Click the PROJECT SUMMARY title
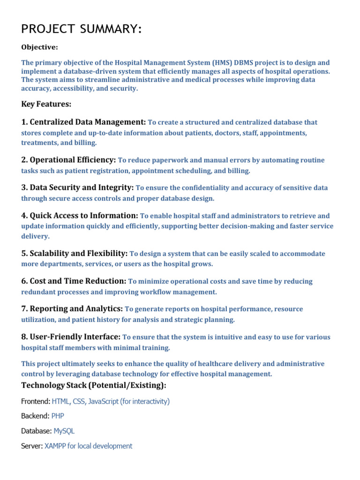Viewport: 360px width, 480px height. [81, 30]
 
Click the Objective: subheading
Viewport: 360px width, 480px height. [40, 47]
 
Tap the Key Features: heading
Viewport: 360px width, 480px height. [46, 104]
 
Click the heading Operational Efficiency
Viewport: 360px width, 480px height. [68, 160]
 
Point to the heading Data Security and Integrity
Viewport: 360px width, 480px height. [77, 187]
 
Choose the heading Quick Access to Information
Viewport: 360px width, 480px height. [80, 216]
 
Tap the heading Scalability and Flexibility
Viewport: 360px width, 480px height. [75, 253]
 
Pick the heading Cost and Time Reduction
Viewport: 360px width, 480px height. [74, 281]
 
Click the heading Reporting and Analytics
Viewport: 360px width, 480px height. [72, 309]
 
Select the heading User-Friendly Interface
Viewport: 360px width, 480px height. [71, 337]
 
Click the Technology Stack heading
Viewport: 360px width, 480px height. [94, 385]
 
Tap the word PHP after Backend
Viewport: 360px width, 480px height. [58, 416]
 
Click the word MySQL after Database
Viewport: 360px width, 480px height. [64, 431]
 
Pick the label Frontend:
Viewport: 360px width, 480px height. [36, 401]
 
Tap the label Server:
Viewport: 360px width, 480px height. [32, 446]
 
